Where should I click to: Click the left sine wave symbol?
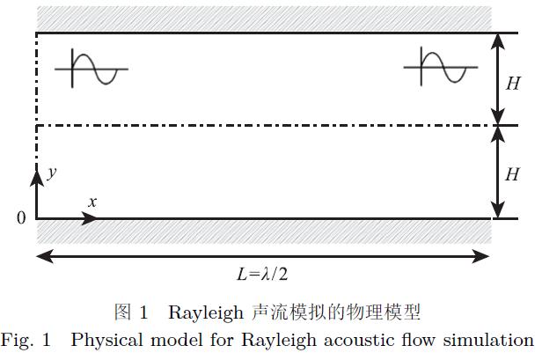(98, 69)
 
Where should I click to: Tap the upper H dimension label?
(514, 84)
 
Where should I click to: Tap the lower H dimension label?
(514, 174)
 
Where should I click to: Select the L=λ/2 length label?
(262, 274)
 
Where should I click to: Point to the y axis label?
(52, 173)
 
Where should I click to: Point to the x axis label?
(92, 202)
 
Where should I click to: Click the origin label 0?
(21, 217)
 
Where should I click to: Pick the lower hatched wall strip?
(264, 231)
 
